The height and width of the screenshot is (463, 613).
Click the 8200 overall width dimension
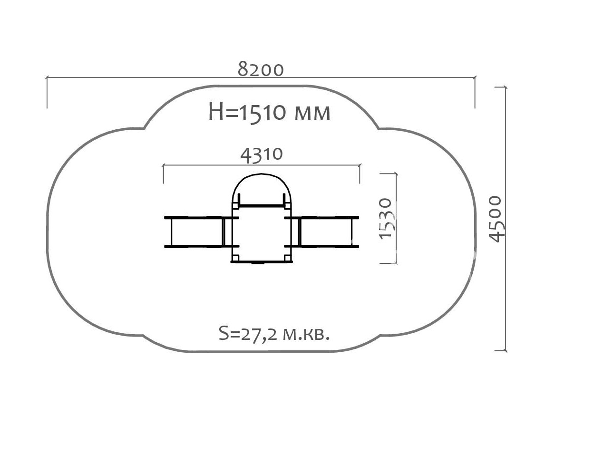coord(261,70)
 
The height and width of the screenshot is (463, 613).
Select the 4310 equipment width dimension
coord(262,155)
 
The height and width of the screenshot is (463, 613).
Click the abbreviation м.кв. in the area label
coord(306,334)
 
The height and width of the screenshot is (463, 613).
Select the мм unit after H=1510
coord(312,114)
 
